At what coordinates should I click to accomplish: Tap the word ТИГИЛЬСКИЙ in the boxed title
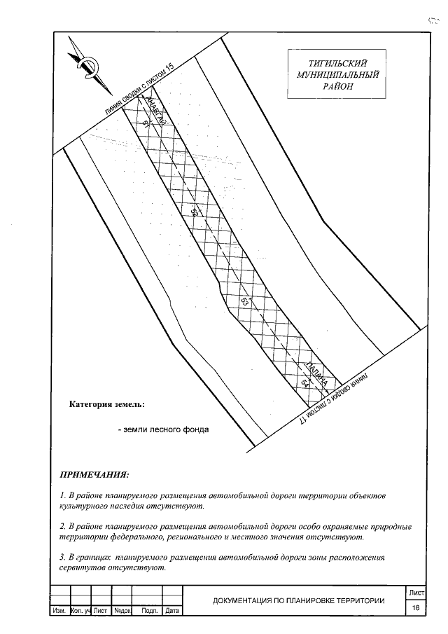point(338,62)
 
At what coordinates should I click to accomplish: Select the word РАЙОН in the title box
point(338,86)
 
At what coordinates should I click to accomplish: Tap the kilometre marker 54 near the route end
point(304,383)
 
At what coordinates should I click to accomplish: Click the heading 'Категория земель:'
point(107,405)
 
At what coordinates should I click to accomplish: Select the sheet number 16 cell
point(416,608)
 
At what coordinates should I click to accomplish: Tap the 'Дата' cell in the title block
point(171,612)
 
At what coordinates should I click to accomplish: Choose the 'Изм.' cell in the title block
point(59,612)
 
